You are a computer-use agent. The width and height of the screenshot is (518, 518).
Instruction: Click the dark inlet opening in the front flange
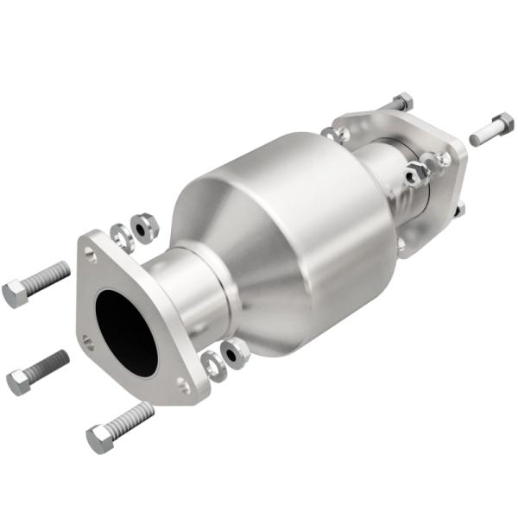coord(124,332)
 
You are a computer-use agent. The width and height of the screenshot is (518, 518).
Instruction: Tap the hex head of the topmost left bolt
coord(16,294)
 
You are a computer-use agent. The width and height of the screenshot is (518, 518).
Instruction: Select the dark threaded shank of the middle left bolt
coord(49,363)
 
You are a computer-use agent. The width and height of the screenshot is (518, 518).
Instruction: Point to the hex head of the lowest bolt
coord(99,439)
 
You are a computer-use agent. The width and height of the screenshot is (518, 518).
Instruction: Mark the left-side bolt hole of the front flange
coord(90,341)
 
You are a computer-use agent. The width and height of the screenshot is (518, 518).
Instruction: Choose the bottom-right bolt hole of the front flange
coord(183,386)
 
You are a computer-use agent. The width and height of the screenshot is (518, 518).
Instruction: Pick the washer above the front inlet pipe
coord(122,236)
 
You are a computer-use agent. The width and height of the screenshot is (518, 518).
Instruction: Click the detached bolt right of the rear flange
coord(491,129)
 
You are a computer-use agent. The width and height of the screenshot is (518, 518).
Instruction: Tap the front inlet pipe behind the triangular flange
coord(181,285)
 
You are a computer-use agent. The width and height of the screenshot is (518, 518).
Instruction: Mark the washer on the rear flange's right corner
coord(443,159)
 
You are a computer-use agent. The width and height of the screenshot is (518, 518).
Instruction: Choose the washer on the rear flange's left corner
coord(338,134)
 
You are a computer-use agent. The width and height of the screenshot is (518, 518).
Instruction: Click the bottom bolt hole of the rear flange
coord(401,244)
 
